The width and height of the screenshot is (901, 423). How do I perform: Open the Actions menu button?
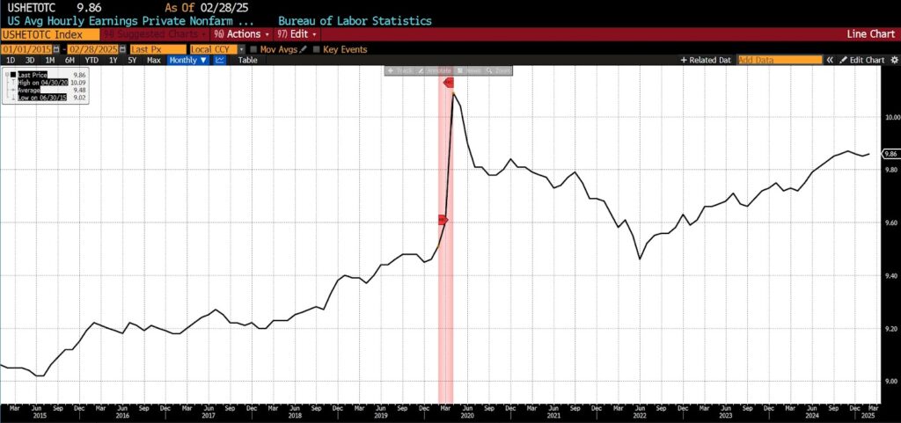(238, 33)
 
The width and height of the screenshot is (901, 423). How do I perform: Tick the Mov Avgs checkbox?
(254, 49)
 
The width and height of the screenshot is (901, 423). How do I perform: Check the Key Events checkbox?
(318, 49)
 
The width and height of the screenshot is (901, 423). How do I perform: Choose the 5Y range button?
(132, 61)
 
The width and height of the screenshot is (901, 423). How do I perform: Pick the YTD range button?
(91, 61)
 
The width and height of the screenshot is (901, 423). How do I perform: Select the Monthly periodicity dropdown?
(188, 61)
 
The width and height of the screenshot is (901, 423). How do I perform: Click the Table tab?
(248, 61)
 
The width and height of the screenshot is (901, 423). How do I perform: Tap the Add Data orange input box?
(779, 61)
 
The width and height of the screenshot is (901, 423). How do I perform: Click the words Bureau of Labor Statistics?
(355, 19)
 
